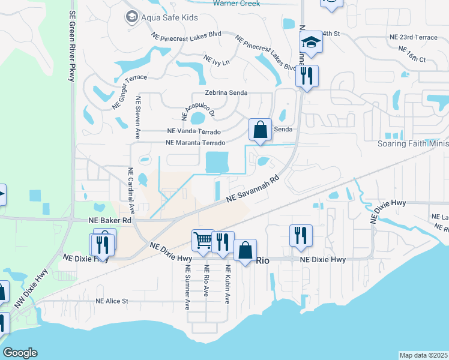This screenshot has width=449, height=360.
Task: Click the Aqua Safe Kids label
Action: [x=169, y=17]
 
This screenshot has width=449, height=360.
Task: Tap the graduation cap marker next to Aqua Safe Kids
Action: [x=130, y=17]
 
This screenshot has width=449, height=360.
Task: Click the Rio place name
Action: [x=262, y=260]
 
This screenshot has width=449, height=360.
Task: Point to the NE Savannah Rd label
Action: [x=253, y=188]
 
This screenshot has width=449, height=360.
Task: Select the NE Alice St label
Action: [x=112, y=301]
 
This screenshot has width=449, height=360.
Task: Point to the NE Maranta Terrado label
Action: [x=195, y=143]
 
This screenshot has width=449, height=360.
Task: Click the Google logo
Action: [x=20, y=353]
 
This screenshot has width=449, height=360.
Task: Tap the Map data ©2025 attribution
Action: [x=423, y=355]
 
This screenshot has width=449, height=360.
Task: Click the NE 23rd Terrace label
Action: [x=413, y=37]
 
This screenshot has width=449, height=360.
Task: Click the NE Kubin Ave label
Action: [x=228, y=286]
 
